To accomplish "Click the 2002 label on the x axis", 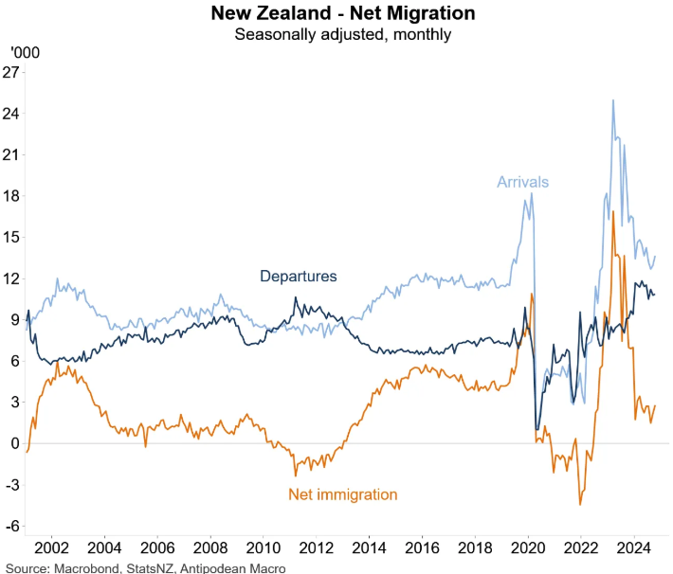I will coord(51,549).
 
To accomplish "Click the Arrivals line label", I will coord(523,182).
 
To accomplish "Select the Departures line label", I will coord(299,277).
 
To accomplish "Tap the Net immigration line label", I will coord(342,494).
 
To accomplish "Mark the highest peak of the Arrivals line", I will coord(613,99).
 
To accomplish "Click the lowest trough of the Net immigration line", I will coord(580,504).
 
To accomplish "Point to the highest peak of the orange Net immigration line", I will coord(614,211).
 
